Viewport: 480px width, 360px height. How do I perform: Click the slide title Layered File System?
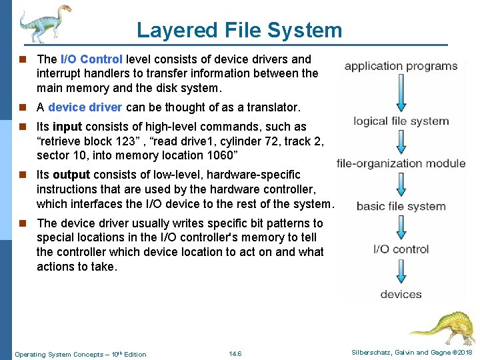(x=239, y=30)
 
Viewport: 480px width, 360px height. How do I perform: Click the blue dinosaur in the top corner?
(x=43, y=23)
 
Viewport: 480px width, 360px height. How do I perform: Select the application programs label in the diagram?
(x=401, y=66)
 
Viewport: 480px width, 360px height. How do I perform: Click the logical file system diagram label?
(x=401, y=121)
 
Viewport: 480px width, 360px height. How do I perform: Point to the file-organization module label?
(x=401, y=163)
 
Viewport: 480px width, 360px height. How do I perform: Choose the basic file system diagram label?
(x=401, y=206)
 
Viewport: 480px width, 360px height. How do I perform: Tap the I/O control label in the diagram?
(x=401, y=249)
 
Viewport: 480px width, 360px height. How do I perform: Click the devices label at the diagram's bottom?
(x=401, y=294)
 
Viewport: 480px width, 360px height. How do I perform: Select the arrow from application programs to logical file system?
(x=401, y=93)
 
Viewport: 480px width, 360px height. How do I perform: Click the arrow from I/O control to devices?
(x=401, y=271)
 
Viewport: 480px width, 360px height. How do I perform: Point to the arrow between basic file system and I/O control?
(x=401, y=227)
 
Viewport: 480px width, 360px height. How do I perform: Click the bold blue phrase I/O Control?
(x=91, y=59)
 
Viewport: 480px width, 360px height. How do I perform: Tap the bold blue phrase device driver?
(x=85, y=107)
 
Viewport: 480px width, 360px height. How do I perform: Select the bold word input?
(x=67, y=127)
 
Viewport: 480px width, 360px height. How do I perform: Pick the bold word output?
(x=71, y=175)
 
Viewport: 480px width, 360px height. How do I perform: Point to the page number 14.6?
(x=235, y=353)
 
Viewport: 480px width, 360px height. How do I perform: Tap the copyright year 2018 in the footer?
(x=462, y=352)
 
